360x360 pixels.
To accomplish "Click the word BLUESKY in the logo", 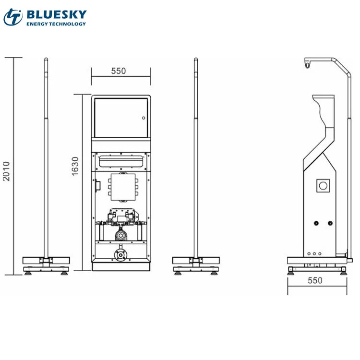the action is [x=57, y=15].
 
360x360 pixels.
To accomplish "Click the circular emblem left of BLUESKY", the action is [x=13, y=17].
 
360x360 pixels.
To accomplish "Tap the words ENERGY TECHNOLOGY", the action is [x=56, y=24].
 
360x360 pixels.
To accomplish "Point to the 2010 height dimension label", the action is [x=6, y=171].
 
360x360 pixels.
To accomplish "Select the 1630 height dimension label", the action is [x=75, y=167].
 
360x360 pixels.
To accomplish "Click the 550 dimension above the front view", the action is [x=119, y=71].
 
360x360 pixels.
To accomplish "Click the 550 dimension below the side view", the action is [x=315, y=280].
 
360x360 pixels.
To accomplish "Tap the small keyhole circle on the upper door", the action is [x=144, y=118].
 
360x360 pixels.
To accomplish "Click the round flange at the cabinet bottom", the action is [x=120, y=255].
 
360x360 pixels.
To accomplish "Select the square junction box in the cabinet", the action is [x=123, y=187].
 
